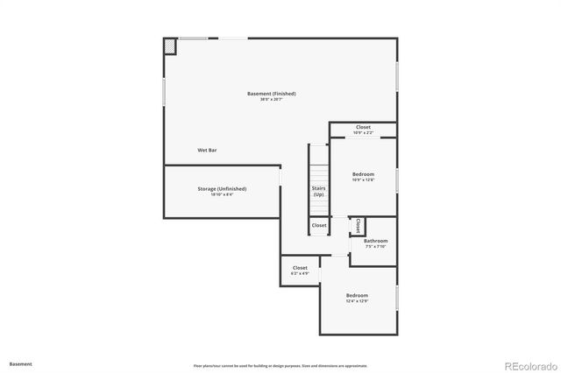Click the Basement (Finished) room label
pos(271,94)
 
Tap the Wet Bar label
pos(207,151)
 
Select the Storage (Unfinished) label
pos(222,188)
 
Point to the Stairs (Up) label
pos(318,191)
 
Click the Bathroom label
pos(376,241)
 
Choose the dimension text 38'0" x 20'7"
pos(271,100)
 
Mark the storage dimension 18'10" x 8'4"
pos(222,194)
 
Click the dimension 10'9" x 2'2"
pos(363,133)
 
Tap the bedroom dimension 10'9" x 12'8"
pos(363,180)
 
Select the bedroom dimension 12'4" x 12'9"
pos(357,301)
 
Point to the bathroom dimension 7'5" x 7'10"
pos(376,247)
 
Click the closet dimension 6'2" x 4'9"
pos(300,274)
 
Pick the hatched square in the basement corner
pos(169,46)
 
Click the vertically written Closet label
pos(358,226)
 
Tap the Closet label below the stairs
pos(319,225)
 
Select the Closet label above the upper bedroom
pos(363,127)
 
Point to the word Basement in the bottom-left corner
pos(21,363)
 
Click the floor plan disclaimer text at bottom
pos(280,366)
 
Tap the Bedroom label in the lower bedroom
pos(357,295)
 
